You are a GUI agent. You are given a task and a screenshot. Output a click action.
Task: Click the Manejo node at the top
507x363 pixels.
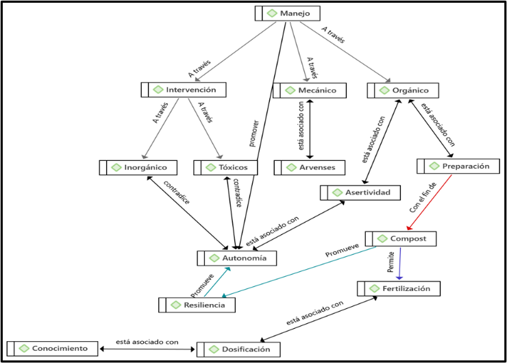click(287, 13)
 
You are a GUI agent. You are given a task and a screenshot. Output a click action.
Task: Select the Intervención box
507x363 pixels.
click(183, 90)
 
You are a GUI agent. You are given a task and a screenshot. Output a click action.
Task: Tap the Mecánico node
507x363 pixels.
click(310, 90)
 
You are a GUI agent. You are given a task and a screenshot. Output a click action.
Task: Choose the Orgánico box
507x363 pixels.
click(403, 90)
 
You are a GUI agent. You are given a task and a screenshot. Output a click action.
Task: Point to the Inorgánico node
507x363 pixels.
click(138, 167)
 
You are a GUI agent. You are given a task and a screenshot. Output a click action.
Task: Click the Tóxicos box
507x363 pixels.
click(225, 167)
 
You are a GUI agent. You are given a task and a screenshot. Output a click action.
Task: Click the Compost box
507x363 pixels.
click(400, 238)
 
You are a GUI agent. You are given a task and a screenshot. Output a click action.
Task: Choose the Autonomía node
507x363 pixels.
click(237, 258)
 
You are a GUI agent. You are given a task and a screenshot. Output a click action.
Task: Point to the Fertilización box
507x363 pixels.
click(398, 288)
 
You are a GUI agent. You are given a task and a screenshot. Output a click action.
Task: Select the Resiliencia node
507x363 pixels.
click(197, 305)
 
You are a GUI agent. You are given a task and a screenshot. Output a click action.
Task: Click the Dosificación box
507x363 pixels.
click(238, 349)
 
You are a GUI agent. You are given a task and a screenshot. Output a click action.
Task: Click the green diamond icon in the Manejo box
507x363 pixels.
click(272, 13)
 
